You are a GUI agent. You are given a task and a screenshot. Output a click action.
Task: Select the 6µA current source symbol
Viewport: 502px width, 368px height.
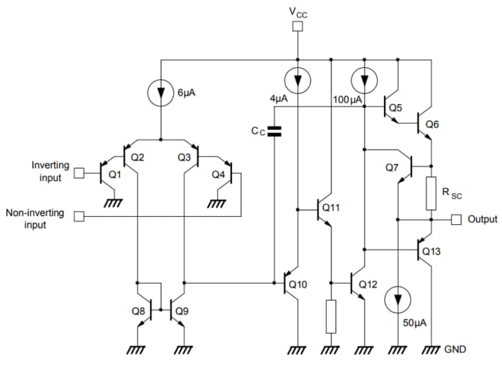click(161, 92)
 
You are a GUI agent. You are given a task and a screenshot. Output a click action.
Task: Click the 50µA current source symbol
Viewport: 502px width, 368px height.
click(397, 301)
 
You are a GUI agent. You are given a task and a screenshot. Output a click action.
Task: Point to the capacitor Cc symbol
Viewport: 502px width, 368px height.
click(274, 131)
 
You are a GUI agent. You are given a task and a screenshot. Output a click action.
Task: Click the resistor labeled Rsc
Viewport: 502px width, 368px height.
click(430, 192)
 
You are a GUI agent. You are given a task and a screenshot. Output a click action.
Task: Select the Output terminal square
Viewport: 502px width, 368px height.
click(456, 219)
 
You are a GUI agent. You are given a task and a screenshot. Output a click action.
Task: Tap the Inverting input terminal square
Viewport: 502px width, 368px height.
click(78, 172)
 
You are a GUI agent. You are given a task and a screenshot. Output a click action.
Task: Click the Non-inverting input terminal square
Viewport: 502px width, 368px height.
click(78, 217)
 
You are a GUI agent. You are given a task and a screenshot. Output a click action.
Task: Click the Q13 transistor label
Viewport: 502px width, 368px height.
click(431, 251)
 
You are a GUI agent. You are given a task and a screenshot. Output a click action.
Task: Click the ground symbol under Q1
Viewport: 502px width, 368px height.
click(113, 202)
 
